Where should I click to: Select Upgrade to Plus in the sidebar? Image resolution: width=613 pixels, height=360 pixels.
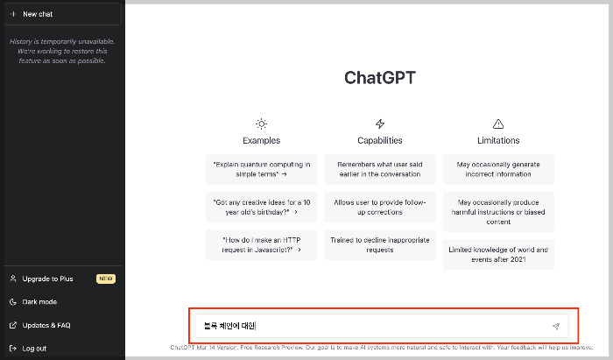point(47,279)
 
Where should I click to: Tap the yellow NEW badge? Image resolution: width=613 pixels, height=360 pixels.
point(106,279)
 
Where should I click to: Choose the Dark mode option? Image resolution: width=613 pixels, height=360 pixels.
point(39,301)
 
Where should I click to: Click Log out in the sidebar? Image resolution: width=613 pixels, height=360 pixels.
point(34,348)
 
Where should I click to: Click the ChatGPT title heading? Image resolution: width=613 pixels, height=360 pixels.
point(379,77)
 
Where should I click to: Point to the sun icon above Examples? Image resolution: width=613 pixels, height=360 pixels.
point(261,124)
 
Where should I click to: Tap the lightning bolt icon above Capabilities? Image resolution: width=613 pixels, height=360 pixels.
point(380,124)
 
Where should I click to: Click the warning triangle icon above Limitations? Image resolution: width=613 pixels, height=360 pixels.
point(498,124)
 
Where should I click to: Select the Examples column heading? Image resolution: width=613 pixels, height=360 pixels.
point(261,140)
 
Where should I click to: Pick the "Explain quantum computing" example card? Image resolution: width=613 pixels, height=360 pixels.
point(261,169)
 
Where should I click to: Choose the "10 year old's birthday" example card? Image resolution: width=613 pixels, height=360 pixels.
point(261,206)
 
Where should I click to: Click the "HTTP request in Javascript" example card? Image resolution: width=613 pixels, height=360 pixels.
point(261,244)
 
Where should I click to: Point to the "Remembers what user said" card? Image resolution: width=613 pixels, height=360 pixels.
point(380,169)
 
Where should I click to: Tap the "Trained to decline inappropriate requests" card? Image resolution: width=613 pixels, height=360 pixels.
point(380,244)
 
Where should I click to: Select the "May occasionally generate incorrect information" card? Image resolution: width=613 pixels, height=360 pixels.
point(498,169)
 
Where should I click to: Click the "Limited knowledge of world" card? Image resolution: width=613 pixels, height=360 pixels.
point(498,255)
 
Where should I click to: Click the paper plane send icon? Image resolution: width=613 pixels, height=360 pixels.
point(555,326)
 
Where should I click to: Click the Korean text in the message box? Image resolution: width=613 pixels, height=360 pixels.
point(225,326)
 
